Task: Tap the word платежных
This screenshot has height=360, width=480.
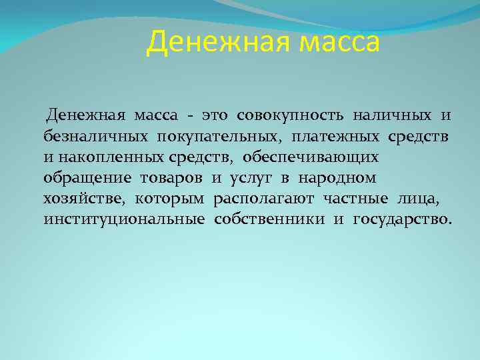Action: pos(336,137)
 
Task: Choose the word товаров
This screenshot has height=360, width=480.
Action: pos(171,178)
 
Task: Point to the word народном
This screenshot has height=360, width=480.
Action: pos(337,178)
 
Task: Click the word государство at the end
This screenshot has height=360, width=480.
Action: pos(401,219)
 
